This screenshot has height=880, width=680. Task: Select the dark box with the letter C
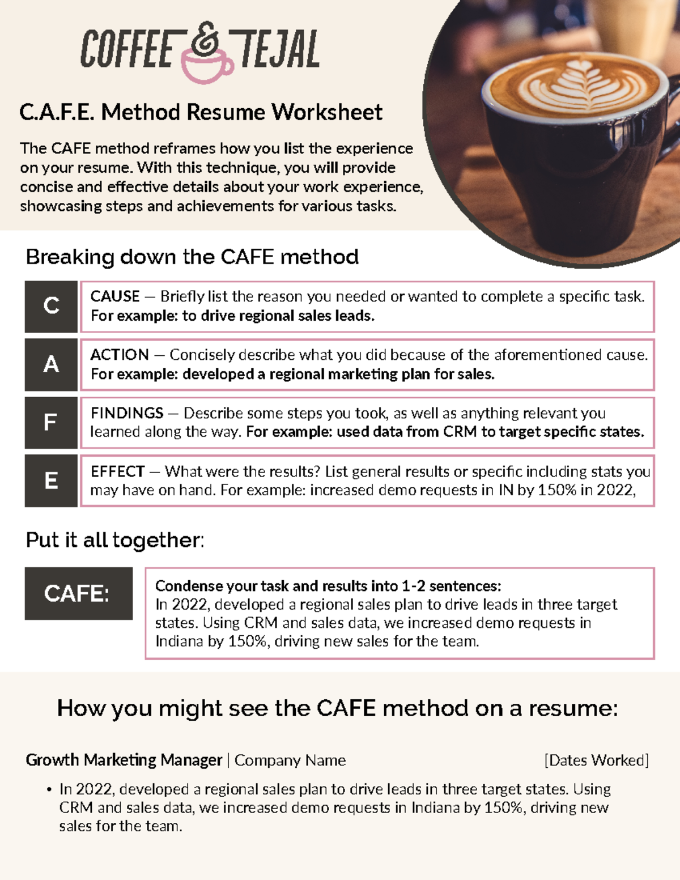pyautogui.click(x=51, y=306)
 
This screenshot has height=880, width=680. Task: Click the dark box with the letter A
pyautogui.click(x=51, y=364)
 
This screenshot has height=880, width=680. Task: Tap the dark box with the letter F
pyautogui.click(x=51, y=423)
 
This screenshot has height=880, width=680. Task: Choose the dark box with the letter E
pyautogui.click(x=51, y=481)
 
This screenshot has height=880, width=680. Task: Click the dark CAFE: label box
pyautogui.click(x=78, y=593)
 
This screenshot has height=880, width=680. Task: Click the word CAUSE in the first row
pyautogui.click(x=115, y=296)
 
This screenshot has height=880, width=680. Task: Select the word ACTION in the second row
pyautogui.click(x=120, y=355)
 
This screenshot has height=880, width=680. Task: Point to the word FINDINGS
pyautogui.click(x=127, y=413)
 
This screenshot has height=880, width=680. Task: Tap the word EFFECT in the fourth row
pyautogui.click(x=118, y=471)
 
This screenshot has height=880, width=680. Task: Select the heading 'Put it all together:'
pyautogui.click(x=115, y=540)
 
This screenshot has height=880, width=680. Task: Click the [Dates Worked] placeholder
pyautogui.click(x=596, y=760)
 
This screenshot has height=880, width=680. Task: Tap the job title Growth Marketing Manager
pyautogui.click(x=124, y=760)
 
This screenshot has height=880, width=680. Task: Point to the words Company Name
pyautogui.click(x=290, y=760)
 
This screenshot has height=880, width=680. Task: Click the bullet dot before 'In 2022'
pyautogui.click(x=50, y=790)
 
